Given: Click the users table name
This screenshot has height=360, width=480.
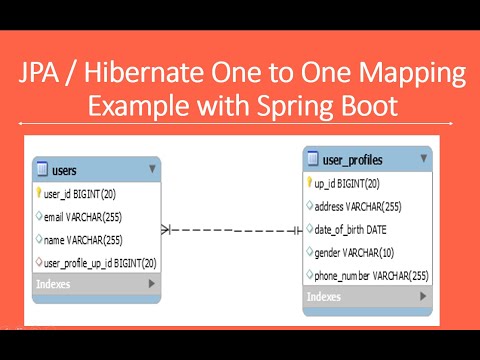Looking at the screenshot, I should (64, 171).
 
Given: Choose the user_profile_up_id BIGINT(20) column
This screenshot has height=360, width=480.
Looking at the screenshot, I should (100, 262).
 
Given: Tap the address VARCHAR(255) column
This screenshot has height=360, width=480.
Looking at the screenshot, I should (359, 206).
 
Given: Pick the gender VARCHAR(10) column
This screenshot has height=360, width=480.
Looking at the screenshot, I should (355, 252).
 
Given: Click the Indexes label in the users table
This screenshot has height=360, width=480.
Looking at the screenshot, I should (54, 284).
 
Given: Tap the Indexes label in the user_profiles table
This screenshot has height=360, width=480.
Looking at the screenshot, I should (324, 296).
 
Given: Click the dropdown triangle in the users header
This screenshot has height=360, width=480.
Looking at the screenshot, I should (153, 170).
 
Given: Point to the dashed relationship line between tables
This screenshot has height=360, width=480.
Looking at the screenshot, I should (230, 229).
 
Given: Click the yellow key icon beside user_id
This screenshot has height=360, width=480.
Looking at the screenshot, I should (38, 193).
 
